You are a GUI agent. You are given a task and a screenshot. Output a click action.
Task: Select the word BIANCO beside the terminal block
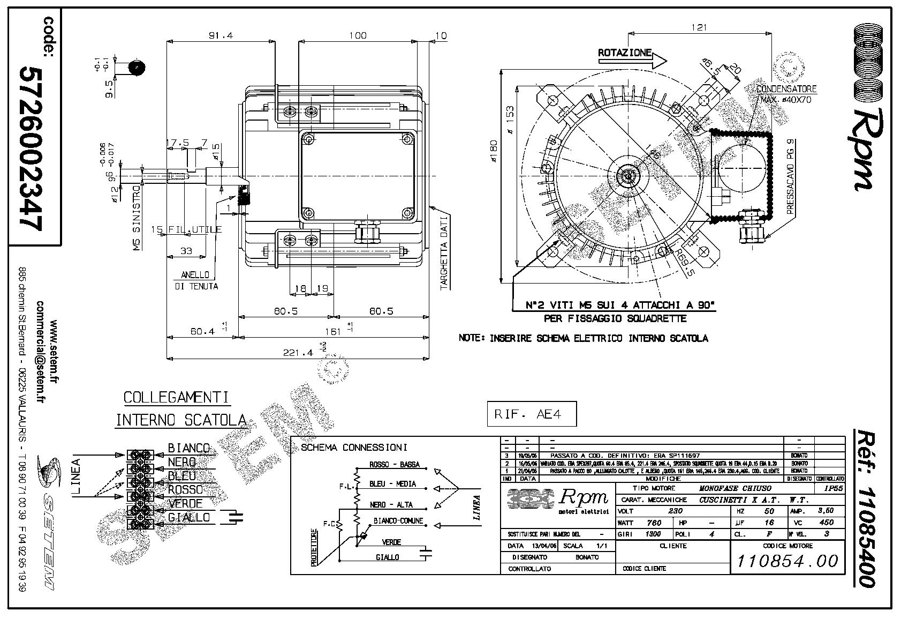tap(188, 448)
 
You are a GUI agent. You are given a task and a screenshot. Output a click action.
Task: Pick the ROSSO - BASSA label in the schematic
tap(394, 464)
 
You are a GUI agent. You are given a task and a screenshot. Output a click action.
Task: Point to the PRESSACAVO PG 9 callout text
tap(791, 177)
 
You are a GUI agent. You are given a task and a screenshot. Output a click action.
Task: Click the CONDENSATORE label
tap(786, 88)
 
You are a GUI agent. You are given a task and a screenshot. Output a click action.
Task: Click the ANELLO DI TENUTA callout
tap(196, 280)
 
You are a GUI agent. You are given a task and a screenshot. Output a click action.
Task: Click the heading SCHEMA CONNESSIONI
tap(354, 448)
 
